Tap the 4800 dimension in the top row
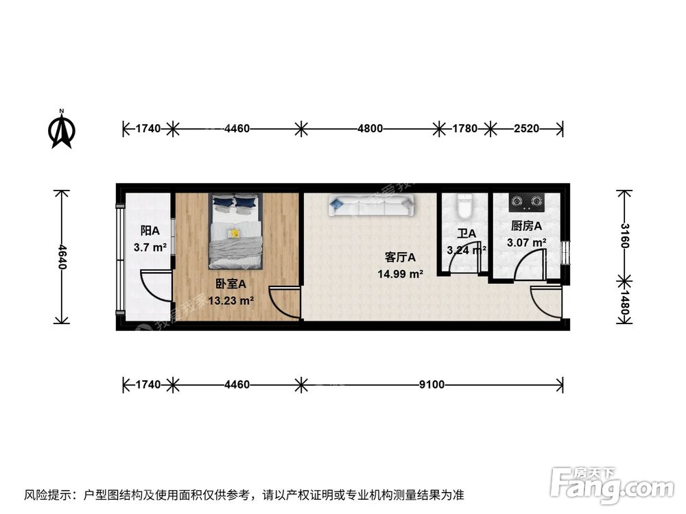(369, 128)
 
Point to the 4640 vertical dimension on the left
(62, 256)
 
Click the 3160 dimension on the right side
(624, 234)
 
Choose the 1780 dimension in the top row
(464, 128)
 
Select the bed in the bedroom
(235, 231)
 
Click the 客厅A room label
(401, 258)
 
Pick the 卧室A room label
(230, 283)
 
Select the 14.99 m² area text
(400, 274)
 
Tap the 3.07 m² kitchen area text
(526, 242)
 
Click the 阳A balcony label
(150, 231)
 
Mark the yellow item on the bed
(234, 233)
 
